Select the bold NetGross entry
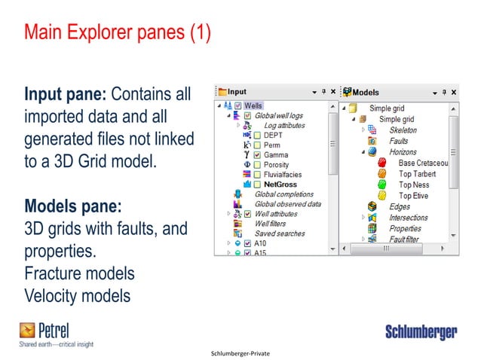[281, 184]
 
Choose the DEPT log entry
[273, 135]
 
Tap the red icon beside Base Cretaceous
[382, 163]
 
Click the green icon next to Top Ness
[382, 185]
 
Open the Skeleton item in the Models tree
[403, 130]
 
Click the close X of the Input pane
[333, 92]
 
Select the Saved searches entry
[280, 233]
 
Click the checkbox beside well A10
[247, 243]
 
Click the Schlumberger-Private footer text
[240, 352]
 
